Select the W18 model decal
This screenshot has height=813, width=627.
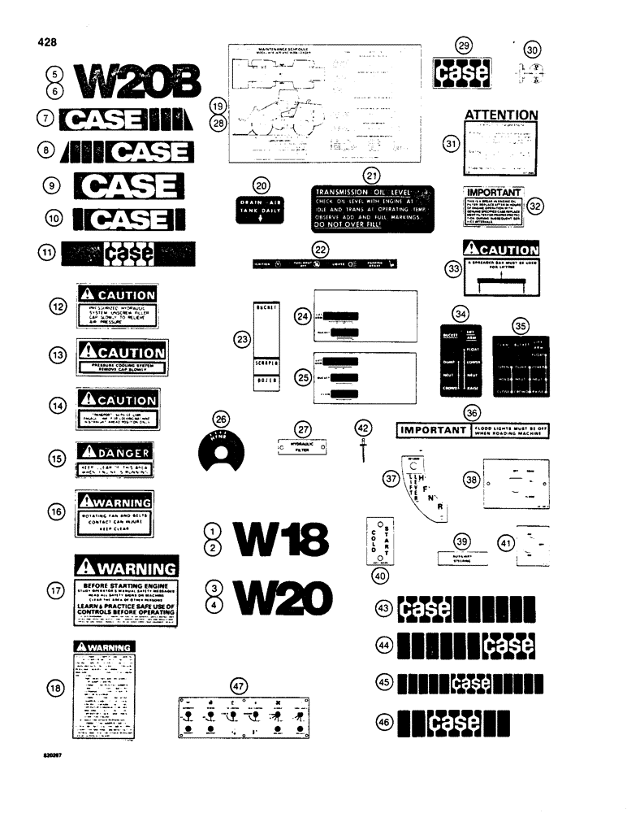(280, 540)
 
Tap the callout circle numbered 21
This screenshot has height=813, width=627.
(371, 176)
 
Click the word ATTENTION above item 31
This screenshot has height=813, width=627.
(500, 115)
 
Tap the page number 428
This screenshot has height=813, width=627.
(45, 41)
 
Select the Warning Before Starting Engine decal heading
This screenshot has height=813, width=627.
(126, 567)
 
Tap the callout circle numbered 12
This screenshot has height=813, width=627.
(56, 306)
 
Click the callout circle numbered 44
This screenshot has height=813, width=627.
(383, 645)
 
